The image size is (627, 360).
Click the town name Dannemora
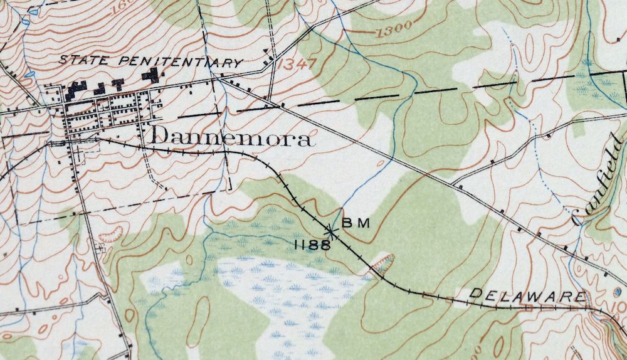[x=231, y=137]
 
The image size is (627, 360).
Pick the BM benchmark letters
[x=356, y=223]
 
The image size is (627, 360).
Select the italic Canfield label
[x=601, y=181]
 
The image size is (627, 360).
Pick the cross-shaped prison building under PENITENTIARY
[x=150, y=76]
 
